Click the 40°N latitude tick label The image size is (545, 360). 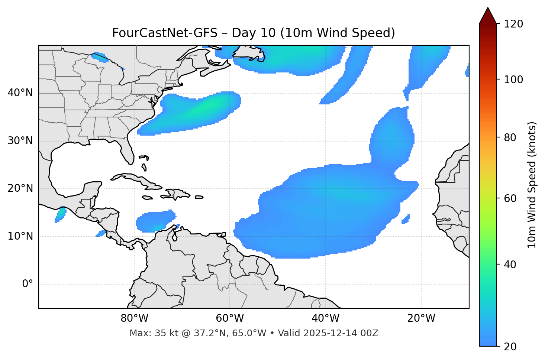[20, 93]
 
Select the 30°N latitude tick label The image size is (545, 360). [20, 141]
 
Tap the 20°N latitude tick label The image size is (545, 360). [20, 189]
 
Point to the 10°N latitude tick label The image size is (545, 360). [20, 236]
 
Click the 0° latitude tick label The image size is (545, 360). [28, 284]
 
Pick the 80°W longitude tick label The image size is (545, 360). [134, 318]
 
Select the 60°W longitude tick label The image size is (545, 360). [230, 318]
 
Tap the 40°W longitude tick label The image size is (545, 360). [325, 318]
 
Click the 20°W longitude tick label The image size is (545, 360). [421, 318]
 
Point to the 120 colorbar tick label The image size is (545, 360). [513, 24]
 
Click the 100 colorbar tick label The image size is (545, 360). [513, 80]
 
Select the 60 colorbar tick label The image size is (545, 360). [510, 198]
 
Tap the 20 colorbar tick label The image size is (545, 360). [510, 347]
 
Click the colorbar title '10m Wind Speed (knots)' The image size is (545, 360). [532, 185]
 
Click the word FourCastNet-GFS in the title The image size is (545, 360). [165, 33]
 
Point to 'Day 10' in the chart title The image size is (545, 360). [254, 33]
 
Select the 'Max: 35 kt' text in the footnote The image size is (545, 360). [146, 333]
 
